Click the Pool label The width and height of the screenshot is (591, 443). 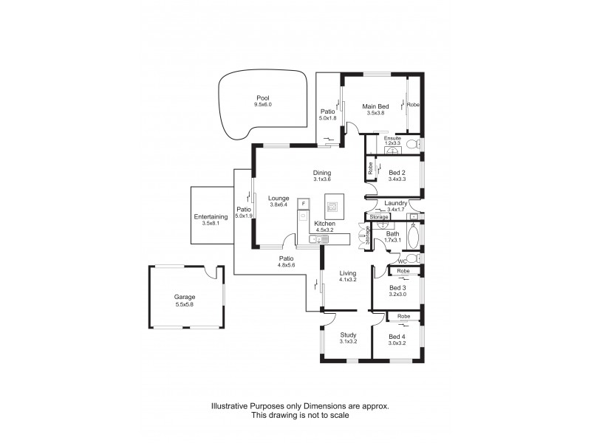262,97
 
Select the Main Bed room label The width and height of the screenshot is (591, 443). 375,107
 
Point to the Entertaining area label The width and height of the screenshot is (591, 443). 210,216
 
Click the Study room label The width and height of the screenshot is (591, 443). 348,334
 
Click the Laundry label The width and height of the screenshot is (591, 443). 397,202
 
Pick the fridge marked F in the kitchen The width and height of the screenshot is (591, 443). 302,202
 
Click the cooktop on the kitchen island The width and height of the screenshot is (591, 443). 332,206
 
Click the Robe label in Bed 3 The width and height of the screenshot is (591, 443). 403,272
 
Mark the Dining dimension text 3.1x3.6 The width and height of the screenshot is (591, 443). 322,179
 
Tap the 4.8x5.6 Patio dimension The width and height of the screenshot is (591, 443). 287,265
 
